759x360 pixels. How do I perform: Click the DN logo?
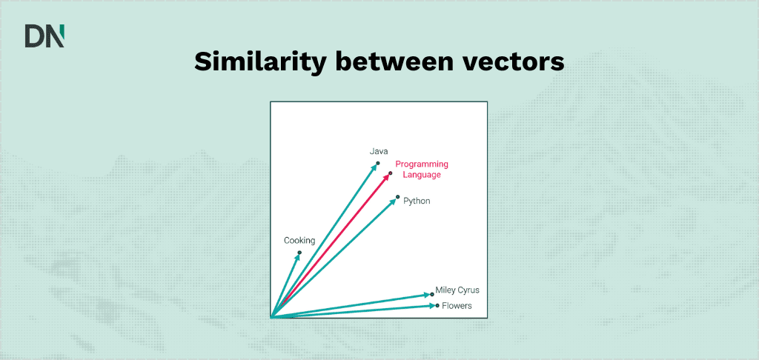(44, 36)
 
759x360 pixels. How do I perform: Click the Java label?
(379, 151)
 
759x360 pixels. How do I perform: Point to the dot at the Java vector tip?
(378, 163)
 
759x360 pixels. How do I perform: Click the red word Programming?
(422, 164)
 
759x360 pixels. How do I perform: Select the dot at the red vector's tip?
(390, 173)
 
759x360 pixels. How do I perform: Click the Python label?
(417, 201)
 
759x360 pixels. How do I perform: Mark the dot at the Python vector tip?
(398, 196)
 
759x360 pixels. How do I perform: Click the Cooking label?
(299, 241)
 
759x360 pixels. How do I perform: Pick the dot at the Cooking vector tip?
(299, 253)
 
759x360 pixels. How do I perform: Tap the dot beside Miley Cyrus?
(432, 294)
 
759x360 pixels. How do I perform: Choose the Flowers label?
(457, 306)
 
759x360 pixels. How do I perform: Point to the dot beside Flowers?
(437, 305)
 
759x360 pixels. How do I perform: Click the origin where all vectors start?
(272, 317)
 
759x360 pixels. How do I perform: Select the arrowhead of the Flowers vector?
(431, 305)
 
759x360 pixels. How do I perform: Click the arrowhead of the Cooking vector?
(297, 256)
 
